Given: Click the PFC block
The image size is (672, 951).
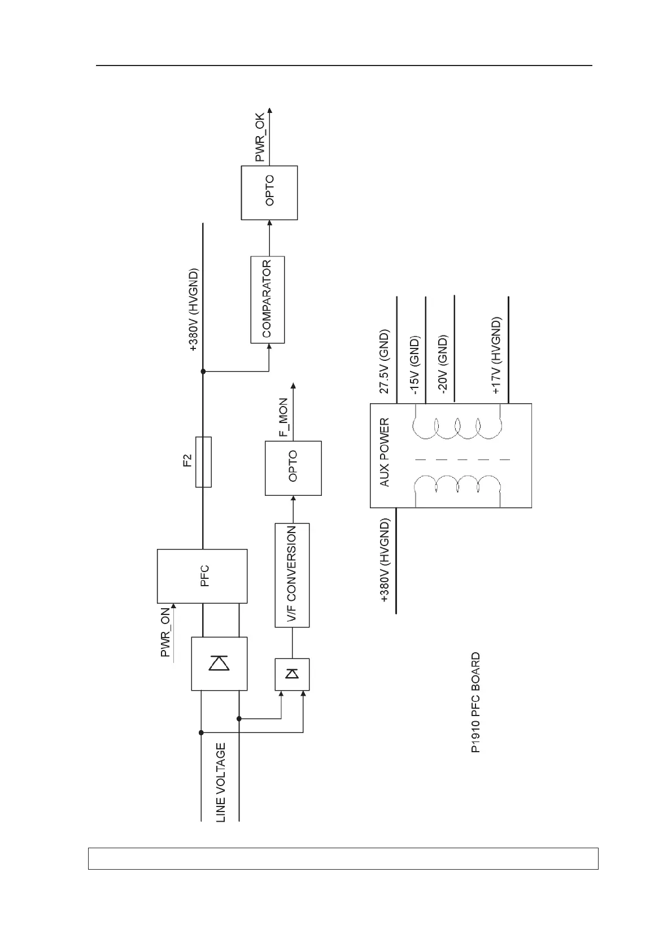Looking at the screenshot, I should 202,575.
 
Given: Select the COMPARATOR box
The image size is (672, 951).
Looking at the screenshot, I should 267,299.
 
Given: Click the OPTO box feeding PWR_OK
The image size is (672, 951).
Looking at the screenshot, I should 269,193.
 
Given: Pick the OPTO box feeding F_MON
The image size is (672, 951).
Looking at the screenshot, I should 293,468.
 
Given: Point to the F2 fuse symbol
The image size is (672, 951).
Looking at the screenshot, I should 203,461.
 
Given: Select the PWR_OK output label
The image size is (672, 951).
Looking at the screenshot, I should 260,138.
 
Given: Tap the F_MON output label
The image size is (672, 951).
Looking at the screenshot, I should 283,418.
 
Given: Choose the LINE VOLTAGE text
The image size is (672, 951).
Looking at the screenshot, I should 221,782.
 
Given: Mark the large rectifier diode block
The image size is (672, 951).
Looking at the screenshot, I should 219,664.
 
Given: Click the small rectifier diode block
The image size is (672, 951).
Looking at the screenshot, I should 292,674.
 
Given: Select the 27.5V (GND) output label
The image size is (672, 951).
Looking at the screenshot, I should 384,362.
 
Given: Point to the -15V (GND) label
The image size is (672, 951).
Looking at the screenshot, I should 414,365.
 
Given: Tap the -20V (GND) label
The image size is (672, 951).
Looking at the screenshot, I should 443,364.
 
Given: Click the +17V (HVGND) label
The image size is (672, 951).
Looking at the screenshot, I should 496,356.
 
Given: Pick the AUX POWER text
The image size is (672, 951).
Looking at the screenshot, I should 385,452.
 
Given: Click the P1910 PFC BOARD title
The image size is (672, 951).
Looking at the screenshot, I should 475,703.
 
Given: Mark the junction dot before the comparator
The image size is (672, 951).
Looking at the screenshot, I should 203,371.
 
